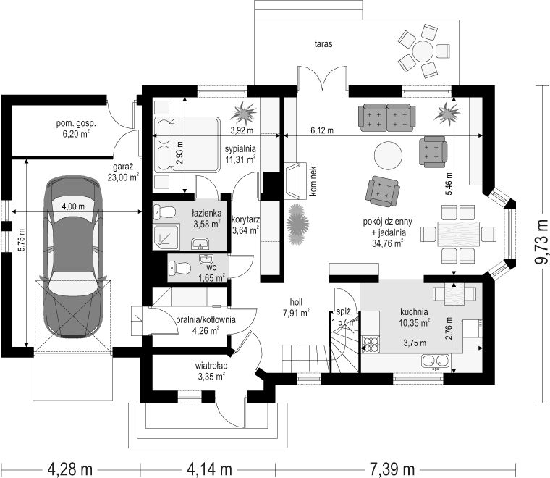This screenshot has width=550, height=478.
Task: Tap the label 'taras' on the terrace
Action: coord(323,44)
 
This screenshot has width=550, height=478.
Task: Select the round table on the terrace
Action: coord(423,51)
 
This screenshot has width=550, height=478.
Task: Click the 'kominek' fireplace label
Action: coord(313,181)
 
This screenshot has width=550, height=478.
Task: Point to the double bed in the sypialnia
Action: coord(187,145)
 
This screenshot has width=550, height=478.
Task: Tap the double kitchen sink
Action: coord(436,361)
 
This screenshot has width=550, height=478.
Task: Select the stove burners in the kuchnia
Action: coord(371,343)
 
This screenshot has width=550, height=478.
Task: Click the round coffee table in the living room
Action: coord(389,155)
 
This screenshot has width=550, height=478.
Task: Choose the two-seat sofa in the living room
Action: coord(387,117)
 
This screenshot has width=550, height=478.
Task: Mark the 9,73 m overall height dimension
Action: coord(541,242)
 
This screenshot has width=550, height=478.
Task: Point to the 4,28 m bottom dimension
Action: coord(70,468)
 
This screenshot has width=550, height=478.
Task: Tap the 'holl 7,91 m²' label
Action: coord(296,307)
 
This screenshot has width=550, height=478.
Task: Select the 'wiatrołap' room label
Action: coord(211,366)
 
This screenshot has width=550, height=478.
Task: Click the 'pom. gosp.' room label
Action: coord(76,124)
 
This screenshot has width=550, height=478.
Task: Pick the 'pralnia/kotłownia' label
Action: coord(206,319)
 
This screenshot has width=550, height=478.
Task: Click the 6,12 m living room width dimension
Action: coord(322,130)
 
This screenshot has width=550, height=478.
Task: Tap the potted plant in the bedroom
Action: coord(243,113)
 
